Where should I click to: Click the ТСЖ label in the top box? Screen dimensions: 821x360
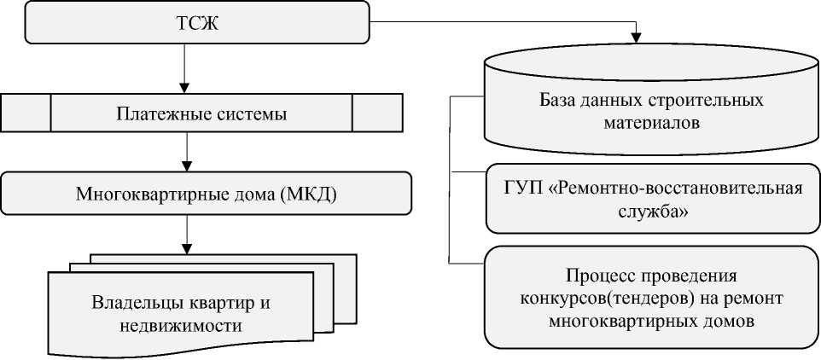pos(197,23)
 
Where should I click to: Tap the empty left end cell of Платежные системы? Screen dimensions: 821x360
pos(26,112)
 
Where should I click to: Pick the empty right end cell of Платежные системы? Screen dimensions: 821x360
pos(377,112)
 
